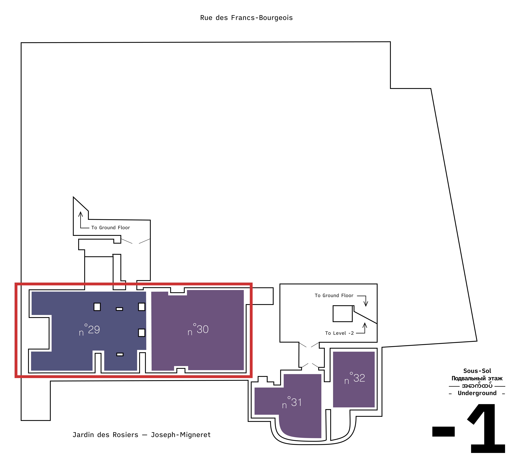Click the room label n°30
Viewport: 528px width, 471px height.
[x=198, y=329]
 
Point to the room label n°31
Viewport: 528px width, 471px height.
[x=292, y=403]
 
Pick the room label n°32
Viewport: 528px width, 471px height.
[x=354, y=378]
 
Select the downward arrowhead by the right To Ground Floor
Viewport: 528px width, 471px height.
[x=366, y=304]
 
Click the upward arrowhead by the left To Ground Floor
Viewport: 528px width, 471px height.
[x=80, y=214]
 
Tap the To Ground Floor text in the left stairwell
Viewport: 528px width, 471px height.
[x=110, y=228]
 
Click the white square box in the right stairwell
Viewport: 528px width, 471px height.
[x=342, y=314]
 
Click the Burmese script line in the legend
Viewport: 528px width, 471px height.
[x=477, y=386]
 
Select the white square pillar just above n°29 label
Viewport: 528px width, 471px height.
[x=97, y=307]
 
